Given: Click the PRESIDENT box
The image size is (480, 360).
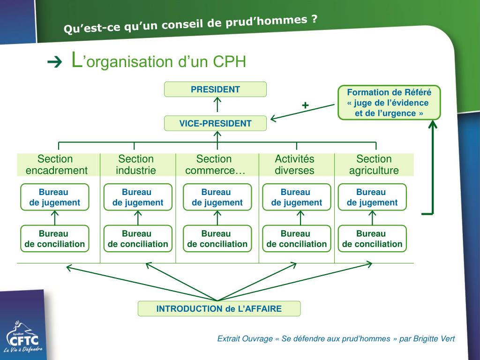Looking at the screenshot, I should coord(215,89).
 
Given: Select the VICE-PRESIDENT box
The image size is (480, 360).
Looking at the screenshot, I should coord(215,123).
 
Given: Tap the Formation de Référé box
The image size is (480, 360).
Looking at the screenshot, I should coord(389,103).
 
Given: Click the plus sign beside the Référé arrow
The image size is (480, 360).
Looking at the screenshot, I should coord(305,105).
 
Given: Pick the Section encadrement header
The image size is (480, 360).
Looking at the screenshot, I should coord(56,165).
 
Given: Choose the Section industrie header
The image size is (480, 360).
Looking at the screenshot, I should coord(136,165).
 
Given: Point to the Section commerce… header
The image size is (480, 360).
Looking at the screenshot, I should coord(215,165).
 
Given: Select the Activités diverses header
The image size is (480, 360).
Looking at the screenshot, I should coord(294,165).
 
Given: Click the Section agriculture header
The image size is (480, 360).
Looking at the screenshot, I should coord(374,165).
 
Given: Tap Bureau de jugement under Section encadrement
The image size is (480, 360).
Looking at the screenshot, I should coord(54,197).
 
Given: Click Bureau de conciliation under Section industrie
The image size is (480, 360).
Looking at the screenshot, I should coord(138,239).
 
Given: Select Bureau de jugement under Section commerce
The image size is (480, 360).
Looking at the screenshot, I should coord(217,197).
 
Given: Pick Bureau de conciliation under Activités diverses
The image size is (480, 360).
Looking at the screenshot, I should coord(296,239).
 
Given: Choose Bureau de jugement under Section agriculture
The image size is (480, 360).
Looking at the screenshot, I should coord(372,197).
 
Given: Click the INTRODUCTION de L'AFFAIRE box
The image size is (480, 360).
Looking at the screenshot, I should coord(219,308).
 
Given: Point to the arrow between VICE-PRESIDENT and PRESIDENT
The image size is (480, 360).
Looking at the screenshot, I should coord(217,105).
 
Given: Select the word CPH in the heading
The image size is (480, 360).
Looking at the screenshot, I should coord(229,62).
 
